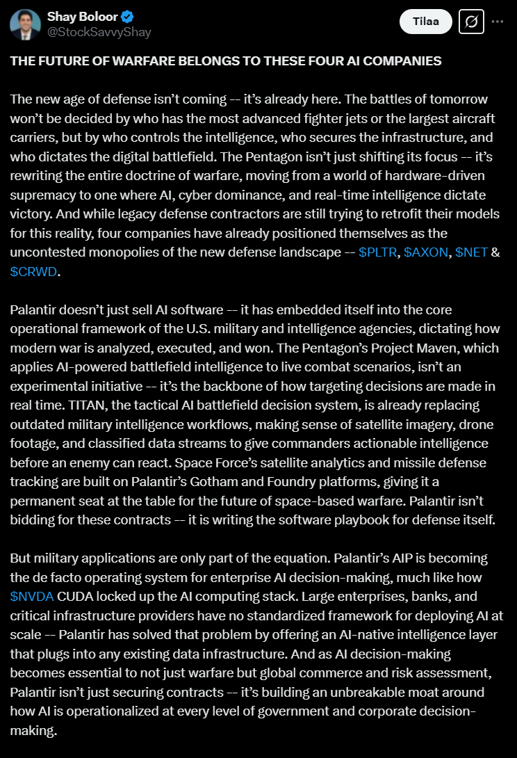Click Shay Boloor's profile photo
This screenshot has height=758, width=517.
25,25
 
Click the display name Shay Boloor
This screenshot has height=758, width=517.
83,17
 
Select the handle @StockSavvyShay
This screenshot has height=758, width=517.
99,32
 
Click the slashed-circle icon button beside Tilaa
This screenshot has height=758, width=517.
470,22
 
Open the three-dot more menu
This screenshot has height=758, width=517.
498,22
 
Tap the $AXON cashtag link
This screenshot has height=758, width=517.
426,252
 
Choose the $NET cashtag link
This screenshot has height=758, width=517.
471,252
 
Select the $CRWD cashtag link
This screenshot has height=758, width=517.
33,271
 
